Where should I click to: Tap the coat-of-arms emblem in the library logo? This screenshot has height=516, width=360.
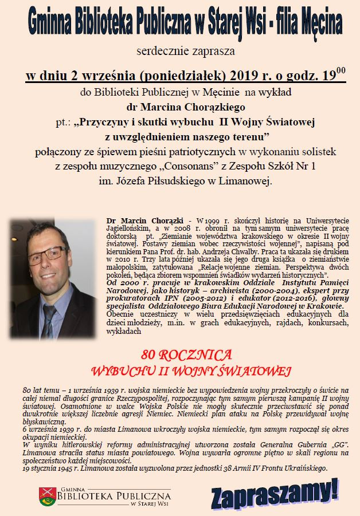tap(46, 495)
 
